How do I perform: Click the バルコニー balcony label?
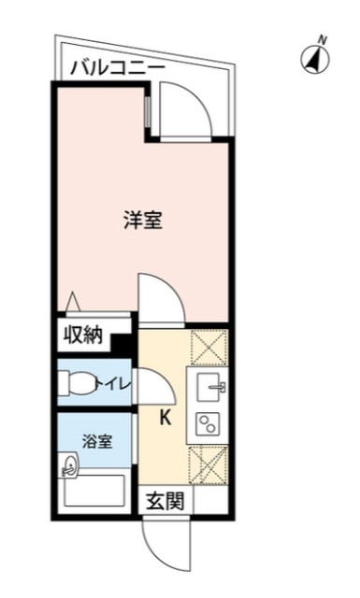118,67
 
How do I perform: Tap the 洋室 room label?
144,221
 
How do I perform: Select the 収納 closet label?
83,335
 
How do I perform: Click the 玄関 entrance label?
165,502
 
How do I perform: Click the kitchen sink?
209,384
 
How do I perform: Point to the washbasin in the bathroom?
69,464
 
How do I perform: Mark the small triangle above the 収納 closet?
72,302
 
